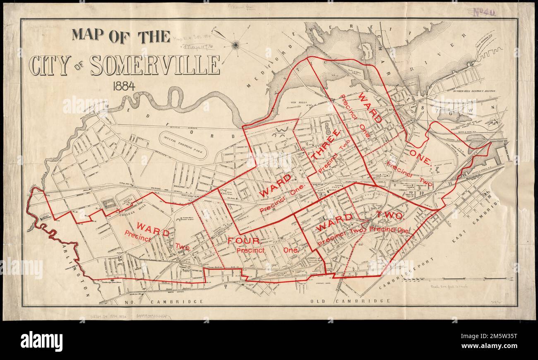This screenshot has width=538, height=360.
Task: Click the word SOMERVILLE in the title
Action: point(155,65)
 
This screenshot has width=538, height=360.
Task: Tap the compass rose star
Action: point(235,44)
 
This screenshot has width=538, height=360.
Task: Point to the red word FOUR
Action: point(243,240)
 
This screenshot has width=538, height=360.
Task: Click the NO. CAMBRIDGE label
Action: point(171,302)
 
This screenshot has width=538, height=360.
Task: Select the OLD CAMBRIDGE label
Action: point(350,301)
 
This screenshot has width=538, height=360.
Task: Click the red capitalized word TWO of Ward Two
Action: point(389,216)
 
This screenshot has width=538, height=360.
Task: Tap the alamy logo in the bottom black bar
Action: point(41,341)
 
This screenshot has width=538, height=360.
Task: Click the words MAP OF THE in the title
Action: point(121,36)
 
